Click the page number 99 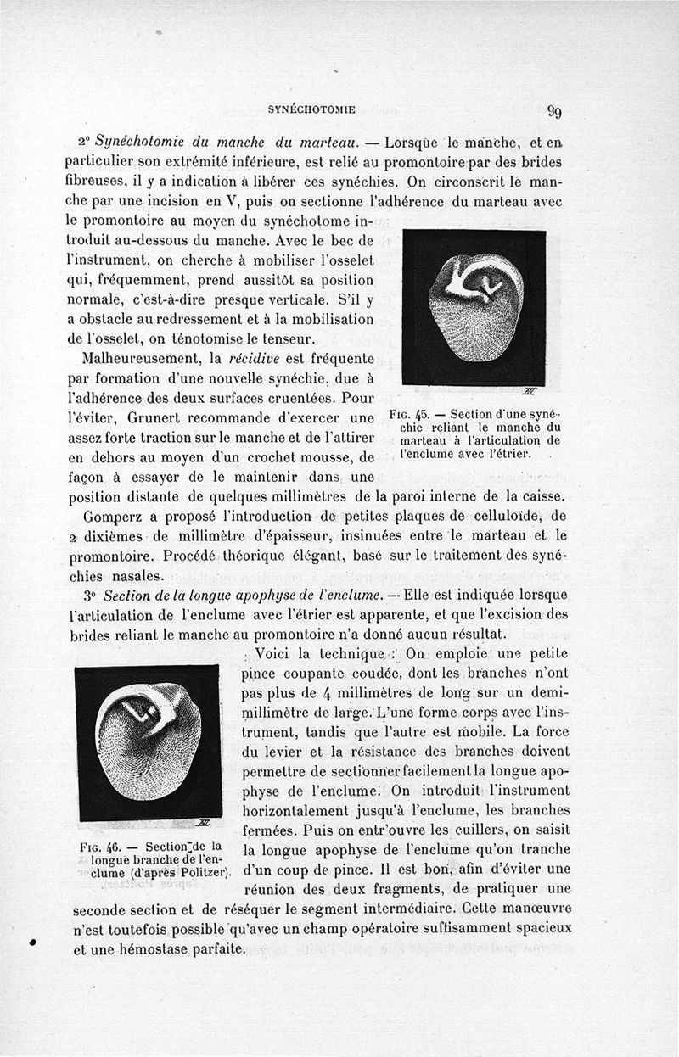click(556, 110)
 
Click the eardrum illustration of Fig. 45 click(473, 306)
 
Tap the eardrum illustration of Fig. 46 click(148, 742)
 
